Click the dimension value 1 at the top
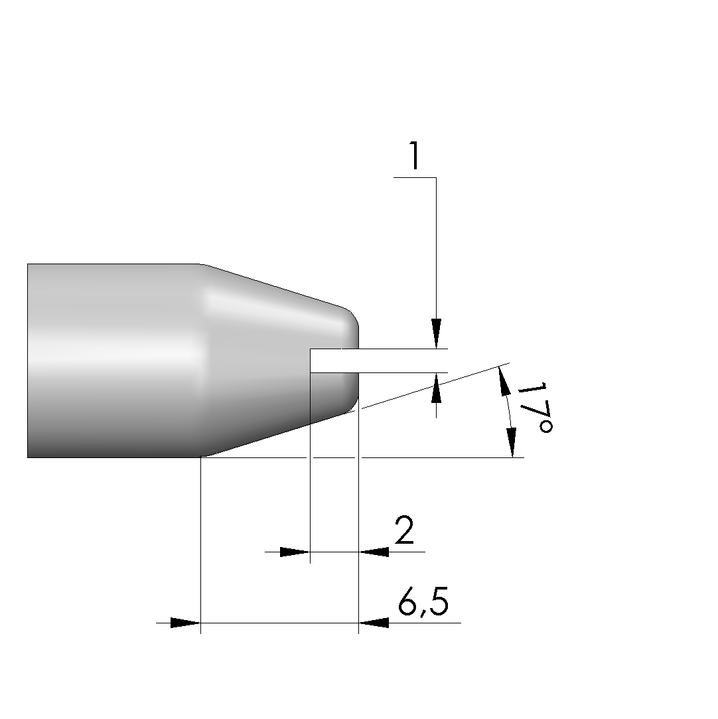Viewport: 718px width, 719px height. (415, 155)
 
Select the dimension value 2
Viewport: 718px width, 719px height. (405, 530)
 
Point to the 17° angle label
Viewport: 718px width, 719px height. (535, 407)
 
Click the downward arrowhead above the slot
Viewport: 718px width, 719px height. (436, 333)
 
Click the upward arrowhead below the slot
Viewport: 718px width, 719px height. (436, 388)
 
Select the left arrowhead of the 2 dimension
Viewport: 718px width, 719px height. (295, 552)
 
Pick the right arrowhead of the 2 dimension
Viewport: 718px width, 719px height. (374, 552)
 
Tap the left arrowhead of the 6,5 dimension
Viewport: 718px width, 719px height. (185, 623)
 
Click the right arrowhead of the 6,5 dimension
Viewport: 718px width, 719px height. (374, 623)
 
